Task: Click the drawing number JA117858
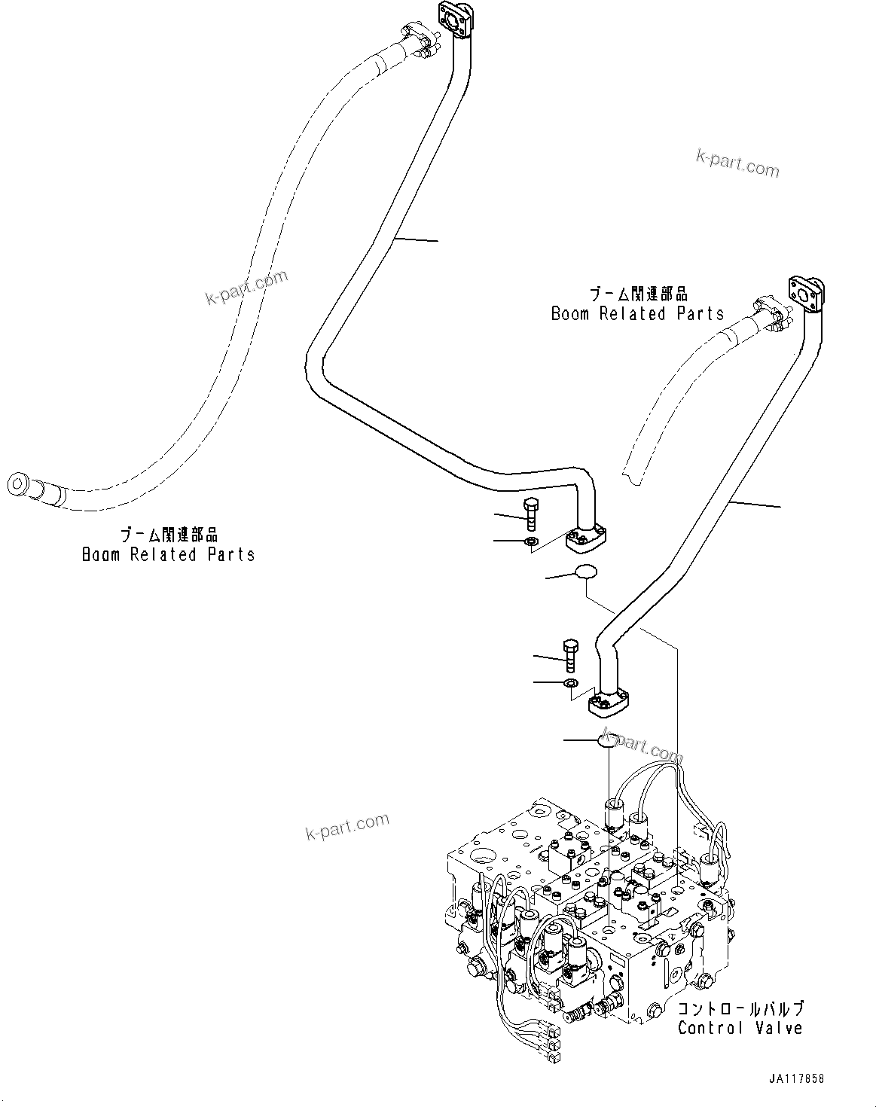pyautogui.click(x=796, y=1078)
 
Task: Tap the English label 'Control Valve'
pyautogui.click(x=740, y=1028)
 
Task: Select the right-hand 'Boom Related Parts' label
pyautogui.click(x=637, y=313)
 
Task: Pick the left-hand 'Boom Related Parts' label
pyautogui.click(x=168, y=554)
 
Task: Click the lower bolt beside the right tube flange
pyautogui.click(x=569, y=655)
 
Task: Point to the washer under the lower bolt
pyautogui.click(x=570, y=683)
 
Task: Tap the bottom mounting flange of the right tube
pyautogui.click(x=608, y=706)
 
